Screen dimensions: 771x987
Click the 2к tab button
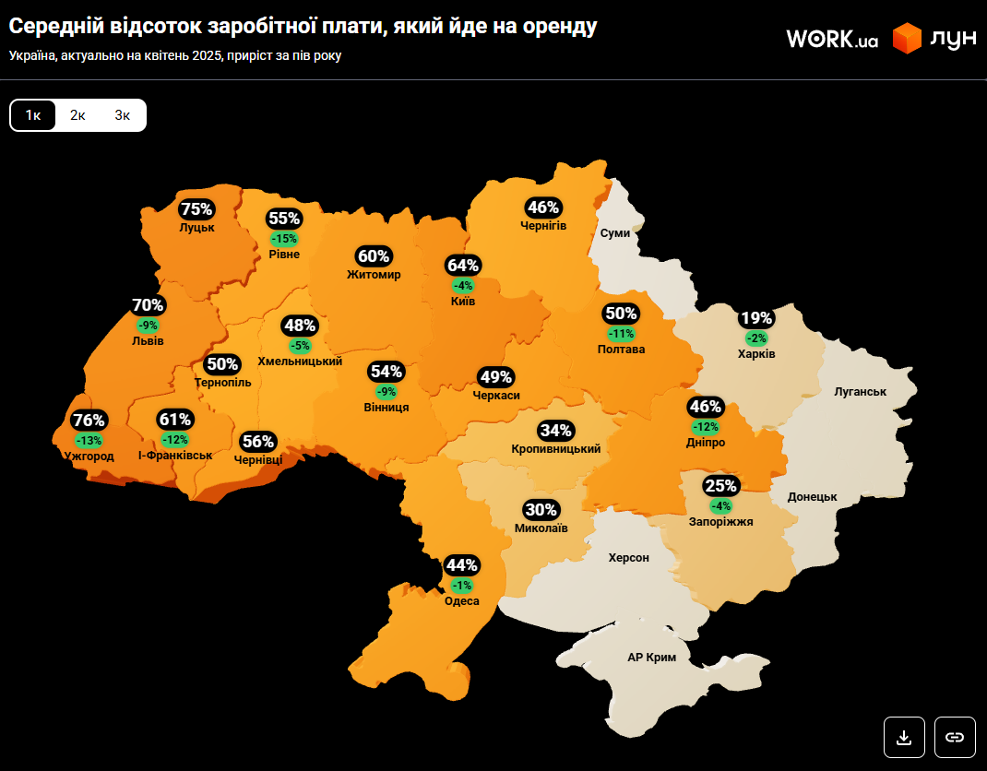tap(77, 115)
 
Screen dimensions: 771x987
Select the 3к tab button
tap(123, 115)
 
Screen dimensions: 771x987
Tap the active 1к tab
tap(33, 115)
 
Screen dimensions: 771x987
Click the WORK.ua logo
tap(831, 39)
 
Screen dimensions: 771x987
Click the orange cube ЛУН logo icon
tap(907, 39)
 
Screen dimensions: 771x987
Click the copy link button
tap(955, 737)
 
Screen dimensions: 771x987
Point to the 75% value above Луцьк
tap(196, 209)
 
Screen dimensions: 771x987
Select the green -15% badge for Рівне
tap(284, 238)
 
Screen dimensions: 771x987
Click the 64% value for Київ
tap(462, 266)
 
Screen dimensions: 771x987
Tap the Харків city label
tap(756, 354)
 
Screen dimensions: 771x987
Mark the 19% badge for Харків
tap(756, 319)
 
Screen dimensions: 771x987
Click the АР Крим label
tap(651, 658)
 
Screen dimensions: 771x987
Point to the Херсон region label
tap(628, 558)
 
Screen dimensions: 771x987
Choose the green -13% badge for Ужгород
tap(89, 440)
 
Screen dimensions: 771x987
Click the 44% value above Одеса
tap(461, 565)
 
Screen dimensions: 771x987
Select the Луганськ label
tap(860, 392)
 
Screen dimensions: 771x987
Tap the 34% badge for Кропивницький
tap(556, 431)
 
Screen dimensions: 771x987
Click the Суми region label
tap(615, 233)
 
